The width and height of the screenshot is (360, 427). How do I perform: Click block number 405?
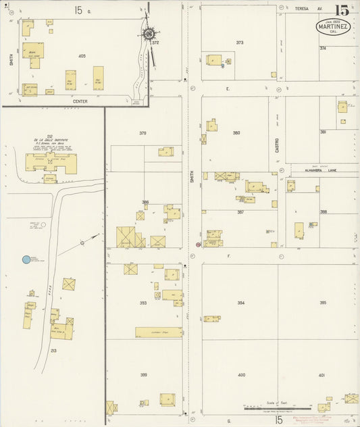point(82,55)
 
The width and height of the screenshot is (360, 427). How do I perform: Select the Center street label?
point(81,101)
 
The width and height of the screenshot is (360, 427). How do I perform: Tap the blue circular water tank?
point(26,259)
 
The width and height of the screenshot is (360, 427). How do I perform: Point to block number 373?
point(239,43)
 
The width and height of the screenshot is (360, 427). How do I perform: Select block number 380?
point(236,132)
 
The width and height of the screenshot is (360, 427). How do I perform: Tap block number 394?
point(241,303)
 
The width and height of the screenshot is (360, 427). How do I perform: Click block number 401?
point(322,374)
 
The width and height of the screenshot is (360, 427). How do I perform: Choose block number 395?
point(323,303)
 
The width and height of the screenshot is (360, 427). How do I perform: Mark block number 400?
point(241,374)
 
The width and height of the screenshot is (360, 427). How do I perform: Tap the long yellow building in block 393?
point(158,332)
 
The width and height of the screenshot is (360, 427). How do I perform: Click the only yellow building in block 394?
point(212,318)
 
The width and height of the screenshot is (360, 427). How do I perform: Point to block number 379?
point(143,133)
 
